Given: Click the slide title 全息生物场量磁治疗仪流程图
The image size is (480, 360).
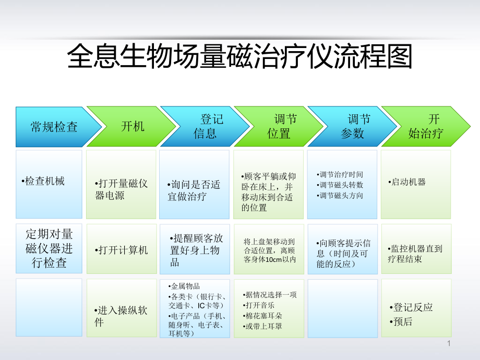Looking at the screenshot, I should tap(240, 56).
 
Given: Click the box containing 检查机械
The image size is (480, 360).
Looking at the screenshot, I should tap(49, 184).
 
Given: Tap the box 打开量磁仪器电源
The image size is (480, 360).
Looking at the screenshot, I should tap(121, 189).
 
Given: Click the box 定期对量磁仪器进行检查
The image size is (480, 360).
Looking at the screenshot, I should tap(49, 248).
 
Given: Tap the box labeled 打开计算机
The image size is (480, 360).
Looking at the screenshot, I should tap(121, 250).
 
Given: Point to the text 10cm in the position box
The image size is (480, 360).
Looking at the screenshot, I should tap(273, 259).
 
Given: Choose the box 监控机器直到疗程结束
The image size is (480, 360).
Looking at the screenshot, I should tap(416, 254).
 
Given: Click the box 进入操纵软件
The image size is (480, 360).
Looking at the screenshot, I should tap(121, 316).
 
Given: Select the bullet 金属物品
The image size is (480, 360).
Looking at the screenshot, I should tap(185, 286).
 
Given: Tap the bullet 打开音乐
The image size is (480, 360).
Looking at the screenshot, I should tap(260, 305).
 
